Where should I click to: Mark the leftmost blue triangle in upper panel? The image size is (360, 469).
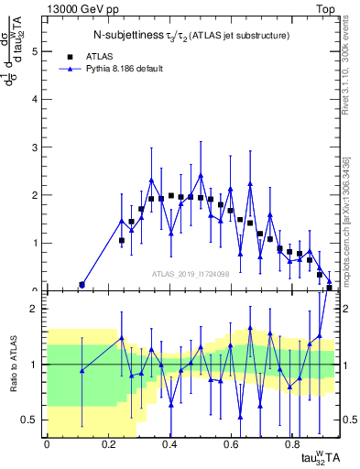point(82,285)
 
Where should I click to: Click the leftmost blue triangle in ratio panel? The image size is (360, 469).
point(82,371)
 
